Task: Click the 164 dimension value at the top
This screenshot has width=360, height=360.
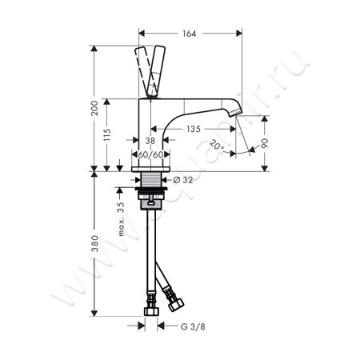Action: pyautogui.click(x=189, y=33)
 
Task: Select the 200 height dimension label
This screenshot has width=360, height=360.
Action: pyautogui.click(x=94, y=109)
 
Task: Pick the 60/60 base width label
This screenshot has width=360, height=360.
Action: pyautogui.click(x=150, y=154)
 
